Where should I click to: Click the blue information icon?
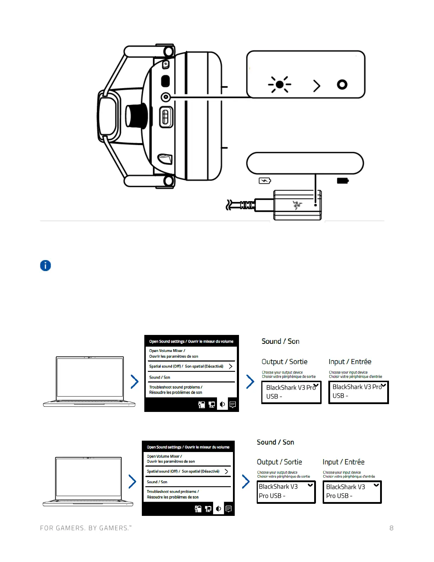pos(45,265)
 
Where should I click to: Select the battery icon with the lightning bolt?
pos(265,181)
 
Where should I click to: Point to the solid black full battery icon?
pos(343,181)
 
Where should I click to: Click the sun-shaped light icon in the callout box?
pos(279,84)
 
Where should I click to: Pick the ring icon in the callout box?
pos(342,84)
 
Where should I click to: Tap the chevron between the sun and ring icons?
pos(317,86)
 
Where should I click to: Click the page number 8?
pos(391,528)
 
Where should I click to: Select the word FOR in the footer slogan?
pos(46,528)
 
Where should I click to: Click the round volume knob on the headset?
pos(135,116)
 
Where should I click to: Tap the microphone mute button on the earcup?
pos(166,65)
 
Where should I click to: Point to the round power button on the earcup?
pos(166,97)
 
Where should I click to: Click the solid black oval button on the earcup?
pos(165,81)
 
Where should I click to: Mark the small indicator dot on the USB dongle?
pos(315,205)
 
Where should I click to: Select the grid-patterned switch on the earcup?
pos(165,117)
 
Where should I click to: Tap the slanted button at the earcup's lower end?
pos(165,159)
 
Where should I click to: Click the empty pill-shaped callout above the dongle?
pos(305,163)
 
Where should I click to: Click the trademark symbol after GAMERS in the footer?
pos(130,526)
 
